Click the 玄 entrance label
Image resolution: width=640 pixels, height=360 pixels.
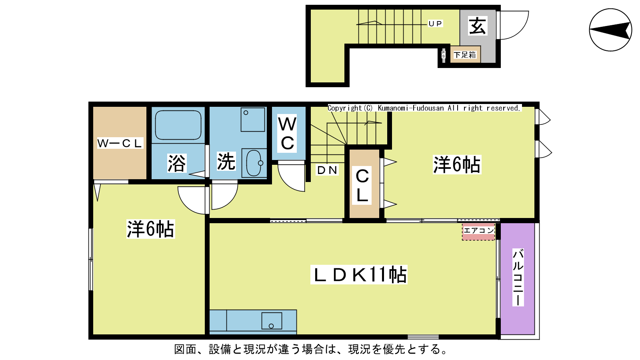click(478, 26)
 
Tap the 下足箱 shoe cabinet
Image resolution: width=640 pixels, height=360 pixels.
click(465, 54)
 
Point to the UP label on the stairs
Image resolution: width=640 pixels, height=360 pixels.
click(436, 24)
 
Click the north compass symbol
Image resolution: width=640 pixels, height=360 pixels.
click(610, 30)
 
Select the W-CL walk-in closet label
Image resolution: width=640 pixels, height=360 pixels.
click(120, 143)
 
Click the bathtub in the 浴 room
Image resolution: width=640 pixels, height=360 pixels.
click(178, 125)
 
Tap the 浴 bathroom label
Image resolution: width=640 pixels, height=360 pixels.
click(176, 163)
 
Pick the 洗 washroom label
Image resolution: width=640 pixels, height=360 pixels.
click(226, 162)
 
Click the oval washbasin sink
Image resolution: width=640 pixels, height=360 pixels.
click(254, 163)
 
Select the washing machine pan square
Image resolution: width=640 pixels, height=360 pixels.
click(252, 120)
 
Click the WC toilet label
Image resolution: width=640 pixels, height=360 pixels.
click(287, 134)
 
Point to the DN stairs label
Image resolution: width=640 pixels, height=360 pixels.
click(327, 170)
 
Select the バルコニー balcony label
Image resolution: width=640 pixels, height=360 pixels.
click(518, 278)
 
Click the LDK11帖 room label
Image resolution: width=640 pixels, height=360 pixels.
click(359, 274)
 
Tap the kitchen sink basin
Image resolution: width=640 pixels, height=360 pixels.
click(272, 321)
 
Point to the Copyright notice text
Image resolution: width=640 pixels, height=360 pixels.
click(424, 108)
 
